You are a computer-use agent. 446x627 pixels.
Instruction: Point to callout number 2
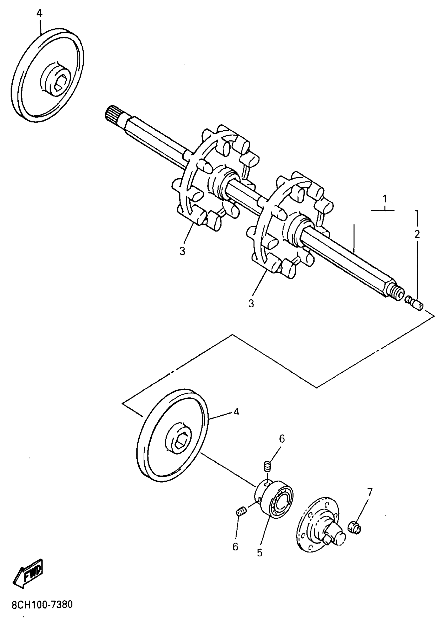coord(417,234)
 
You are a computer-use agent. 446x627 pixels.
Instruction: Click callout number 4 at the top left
coord(40,13)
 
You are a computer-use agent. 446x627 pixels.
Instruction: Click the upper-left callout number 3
coord(182,251)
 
